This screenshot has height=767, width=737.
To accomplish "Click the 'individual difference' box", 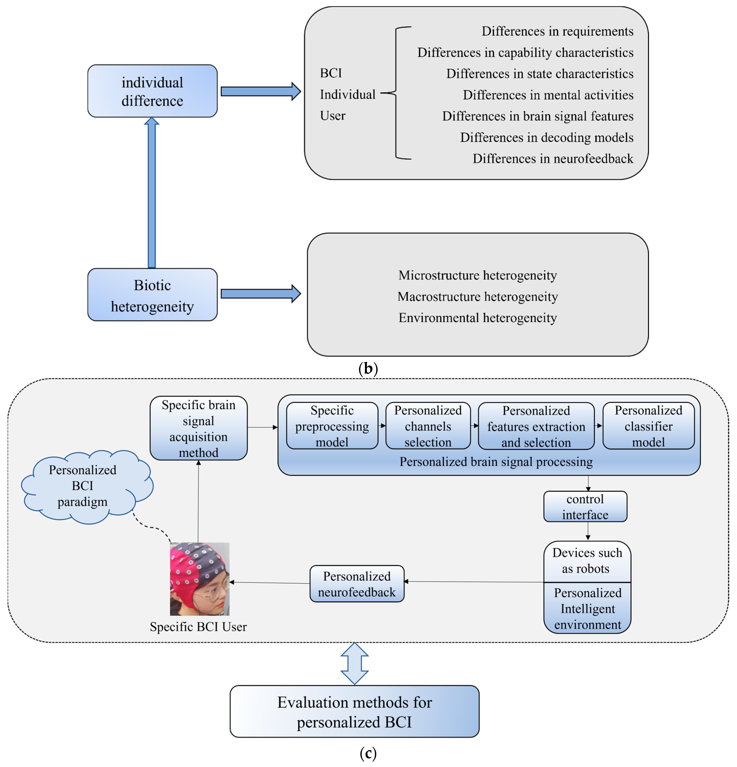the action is (152, 91).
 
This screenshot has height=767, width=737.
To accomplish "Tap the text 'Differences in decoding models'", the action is (546, 137).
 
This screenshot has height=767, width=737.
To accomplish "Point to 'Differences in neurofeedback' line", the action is (553, 159).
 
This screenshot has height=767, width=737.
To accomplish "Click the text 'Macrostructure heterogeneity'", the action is (478, 297).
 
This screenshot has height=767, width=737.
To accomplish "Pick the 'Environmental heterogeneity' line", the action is (478, 318).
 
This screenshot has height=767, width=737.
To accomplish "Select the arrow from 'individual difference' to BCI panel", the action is (261, 91).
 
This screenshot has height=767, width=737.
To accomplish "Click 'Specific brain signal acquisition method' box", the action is (198, 428).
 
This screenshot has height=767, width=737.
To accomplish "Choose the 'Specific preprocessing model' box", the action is (332, 426).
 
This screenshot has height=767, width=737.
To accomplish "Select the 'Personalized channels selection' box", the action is (428, 426).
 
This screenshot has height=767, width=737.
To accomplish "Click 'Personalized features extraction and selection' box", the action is (536, 426).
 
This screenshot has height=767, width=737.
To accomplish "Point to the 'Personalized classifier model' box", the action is (649, 426).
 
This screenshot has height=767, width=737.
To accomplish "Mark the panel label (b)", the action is (368, 369).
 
